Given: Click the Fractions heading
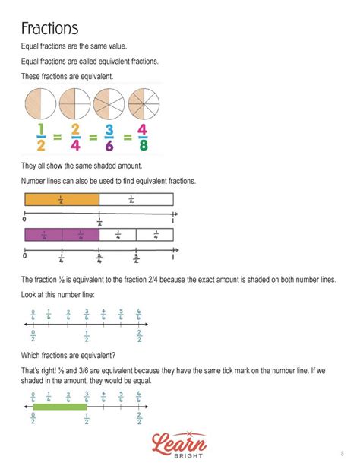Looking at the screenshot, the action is coord(50,29).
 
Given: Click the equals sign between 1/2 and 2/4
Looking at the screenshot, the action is coord(55,138).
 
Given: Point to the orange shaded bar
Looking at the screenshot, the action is coord(62,200).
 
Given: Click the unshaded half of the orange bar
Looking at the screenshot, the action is coord(136,200).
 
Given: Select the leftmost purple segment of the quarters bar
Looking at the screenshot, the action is coord(43,236).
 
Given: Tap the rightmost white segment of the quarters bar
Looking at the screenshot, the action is coord(155,236).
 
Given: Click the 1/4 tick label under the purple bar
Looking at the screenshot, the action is coord(62,257).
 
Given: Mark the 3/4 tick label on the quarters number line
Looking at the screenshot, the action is coord(136,257).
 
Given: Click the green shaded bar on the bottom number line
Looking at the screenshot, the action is coord(60,408).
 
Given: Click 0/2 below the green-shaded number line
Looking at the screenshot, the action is coord(33,418).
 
